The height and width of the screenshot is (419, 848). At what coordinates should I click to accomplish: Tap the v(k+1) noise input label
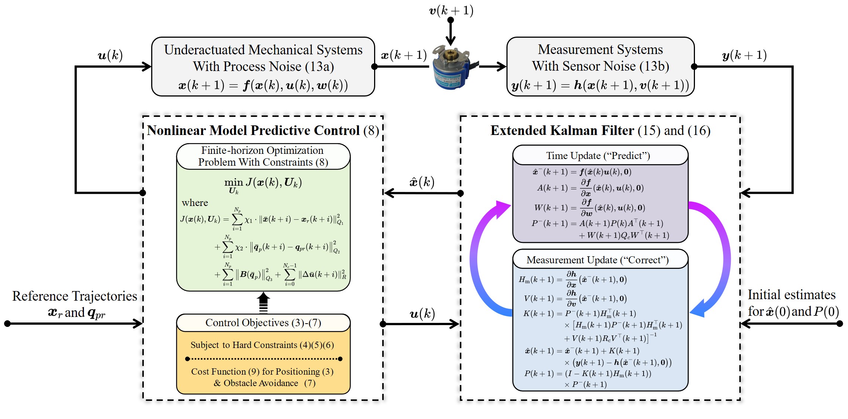pos(451,10)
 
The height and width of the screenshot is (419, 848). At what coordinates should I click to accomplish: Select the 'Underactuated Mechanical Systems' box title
pos(263,50)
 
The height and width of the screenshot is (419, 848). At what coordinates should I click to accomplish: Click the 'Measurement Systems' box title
pos(600,49)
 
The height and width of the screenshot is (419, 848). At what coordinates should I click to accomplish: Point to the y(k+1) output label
pos(744,55)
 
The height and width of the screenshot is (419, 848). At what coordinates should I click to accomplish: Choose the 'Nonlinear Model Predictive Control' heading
pos(254,131)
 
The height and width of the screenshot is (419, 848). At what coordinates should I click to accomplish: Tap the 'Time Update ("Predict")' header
pos(598,156)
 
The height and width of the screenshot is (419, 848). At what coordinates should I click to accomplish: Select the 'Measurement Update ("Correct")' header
pos(597,260)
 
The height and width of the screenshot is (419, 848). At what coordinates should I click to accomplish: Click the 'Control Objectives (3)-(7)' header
pos(263,323)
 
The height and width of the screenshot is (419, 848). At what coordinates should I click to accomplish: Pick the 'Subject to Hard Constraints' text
pos(262,345)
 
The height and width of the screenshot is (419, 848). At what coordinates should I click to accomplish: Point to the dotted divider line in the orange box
pos(264,359)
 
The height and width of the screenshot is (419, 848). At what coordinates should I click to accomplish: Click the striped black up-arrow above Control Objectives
pos(263,303)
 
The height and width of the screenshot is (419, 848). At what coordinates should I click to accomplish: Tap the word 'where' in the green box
pos(195,203)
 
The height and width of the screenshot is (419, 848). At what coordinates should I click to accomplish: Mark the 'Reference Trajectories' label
pos(75,296)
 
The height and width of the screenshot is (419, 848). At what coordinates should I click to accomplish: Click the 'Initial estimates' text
pos(791,295)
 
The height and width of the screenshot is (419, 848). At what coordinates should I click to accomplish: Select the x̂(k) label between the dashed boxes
pos(422,182)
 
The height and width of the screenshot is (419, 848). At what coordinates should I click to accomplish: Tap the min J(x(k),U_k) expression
pos(263,183)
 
